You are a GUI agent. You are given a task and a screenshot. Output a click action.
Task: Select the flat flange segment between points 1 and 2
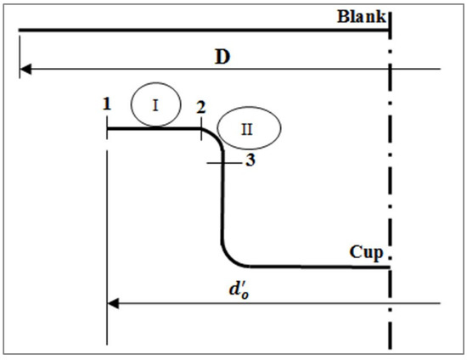[153, 129]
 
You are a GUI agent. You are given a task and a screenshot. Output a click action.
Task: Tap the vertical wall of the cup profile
[222, 204]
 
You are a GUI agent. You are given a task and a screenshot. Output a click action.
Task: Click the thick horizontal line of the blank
[204, 31]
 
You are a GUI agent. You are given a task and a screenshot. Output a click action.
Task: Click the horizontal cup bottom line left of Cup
[314, 267]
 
